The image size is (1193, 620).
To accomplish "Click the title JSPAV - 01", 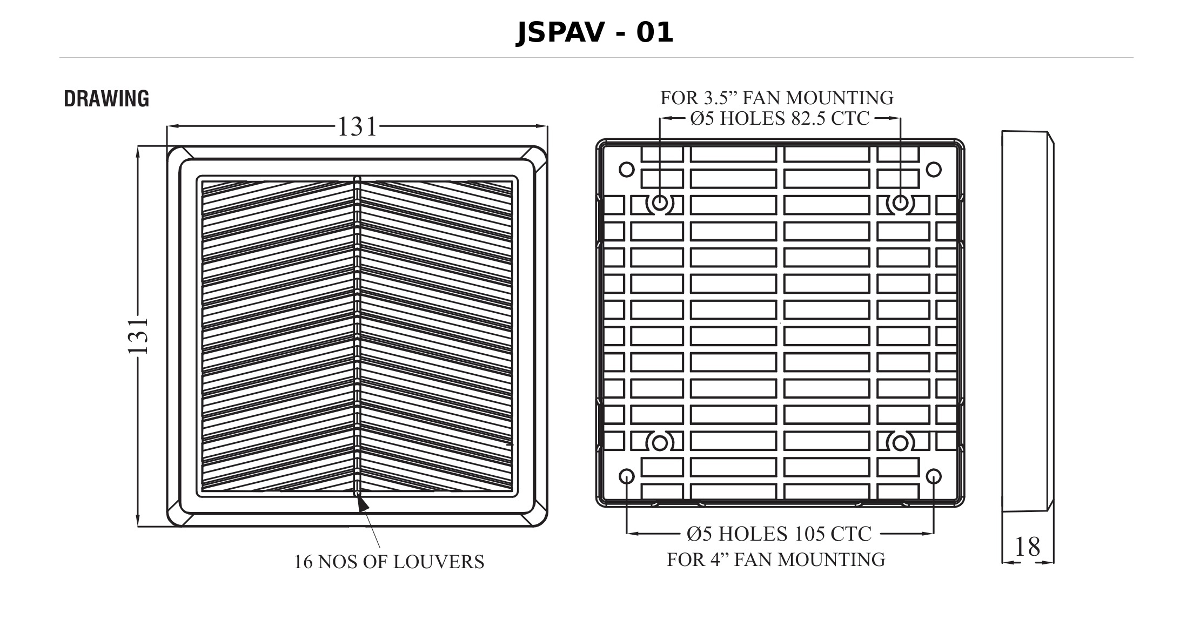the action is [x=595, y=33].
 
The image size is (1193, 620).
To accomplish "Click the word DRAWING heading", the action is [x=106, y=99].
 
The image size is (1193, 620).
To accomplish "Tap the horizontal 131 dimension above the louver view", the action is [x=357, y=127].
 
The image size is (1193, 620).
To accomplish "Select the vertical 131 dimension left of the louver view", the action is [x=138, y=335].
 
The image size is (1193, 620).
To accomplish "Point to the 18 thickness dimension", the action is [x=1027, y=547].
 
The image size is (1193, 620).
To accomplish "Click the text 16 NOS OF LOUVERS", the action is [x=389, y=562].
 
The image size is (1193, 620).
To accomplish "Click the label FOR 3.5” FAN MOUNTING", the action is [x=777, y=98].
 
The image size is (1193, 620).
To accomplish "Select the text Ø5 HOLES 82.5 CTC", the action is [x=780, y=118].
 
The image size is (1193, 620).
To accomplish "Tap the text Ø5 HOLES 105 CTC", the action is [x=779, y=534].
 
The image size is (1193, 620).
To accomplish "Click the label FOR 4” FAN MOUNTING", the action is [x=776, y=560].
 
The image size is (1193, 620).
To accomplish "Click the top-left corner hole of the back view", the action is [x=626, y=170].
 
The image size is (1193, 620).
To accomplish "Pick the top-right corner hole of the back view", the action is [x=934, y=170].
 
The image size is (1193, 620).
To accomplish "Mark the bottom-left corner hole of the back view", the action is [x=626, y=476].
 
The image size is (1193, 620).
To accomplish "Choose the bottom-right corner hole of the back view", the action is [x=934, y=476].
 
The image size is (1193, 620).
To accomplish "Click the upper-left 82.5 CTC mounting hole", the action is [x=660, y=204].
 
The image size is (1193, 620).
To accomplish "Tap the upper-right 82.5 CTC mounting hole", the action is [x=900, y=204].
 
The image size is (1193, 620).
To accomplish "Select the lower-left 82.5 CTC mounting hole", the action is [x=660, y=443].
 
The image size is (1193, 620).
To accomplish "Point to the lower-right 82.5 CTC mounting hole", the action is [x=900, y=443].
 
